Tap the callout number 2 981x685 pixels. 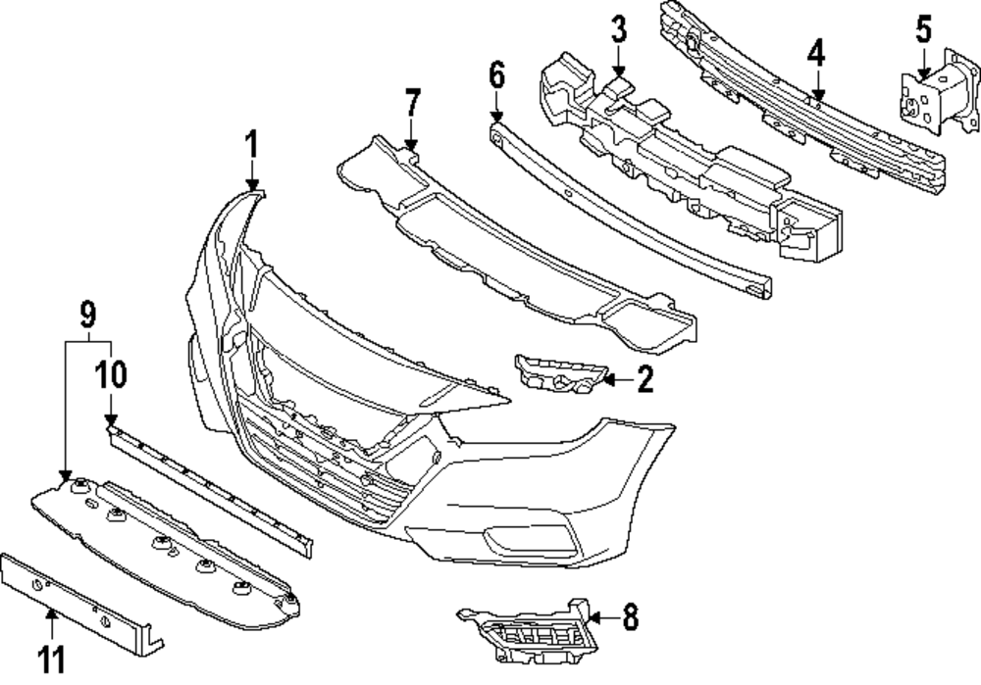click(x=644, y=380)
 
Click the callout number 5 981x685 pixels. click(x=923, y=28)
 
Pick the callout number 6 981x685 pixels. click(x=496, y=73)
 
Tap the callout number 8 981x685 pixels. click(x=629, y=617)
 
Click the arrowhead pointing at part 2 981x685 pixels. click(x=607, y=379)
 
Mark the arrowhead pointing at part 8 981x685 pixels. click(x=594, y=617)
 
